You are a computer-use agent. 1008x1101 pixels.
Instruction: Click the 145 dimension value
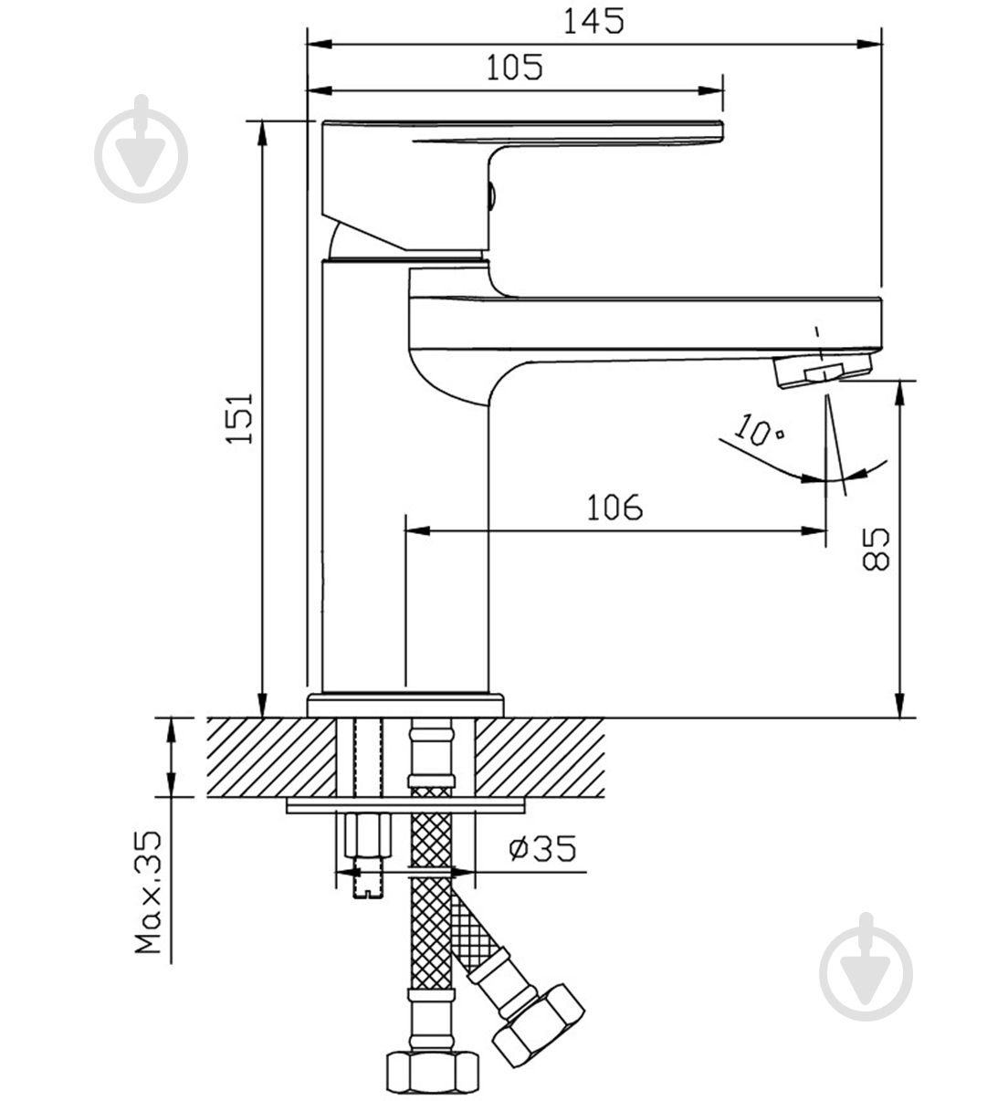[593, 22]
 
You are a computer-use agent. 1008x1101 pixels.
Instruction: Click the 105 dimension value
[514, 67]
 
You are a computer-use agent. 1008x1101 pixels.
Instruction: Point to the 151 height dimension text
[240, 418]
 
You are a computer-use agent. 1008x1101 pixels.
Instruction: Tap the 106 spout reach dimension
[614, 508]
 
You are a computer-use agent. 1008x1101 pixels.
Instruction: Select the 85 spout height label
[876, 549]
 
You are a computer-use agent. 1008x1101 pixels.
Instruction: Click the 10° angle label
[758, 430]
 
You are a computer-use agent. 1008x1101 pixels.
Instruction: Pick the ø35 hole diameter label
[541, 848]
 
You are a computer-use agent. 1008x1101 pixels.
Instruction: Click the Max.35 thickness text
[149, 893]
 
